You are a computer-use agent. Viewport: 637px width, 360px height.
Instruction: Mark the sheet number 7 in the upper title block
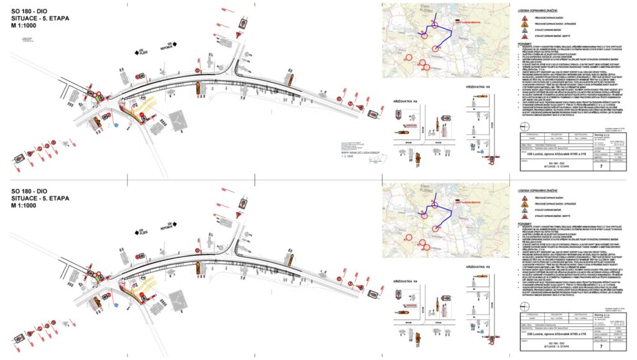[600, 167]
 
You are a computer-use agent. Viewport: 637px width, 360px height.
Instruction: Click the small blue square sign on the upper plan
[116, 126]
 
